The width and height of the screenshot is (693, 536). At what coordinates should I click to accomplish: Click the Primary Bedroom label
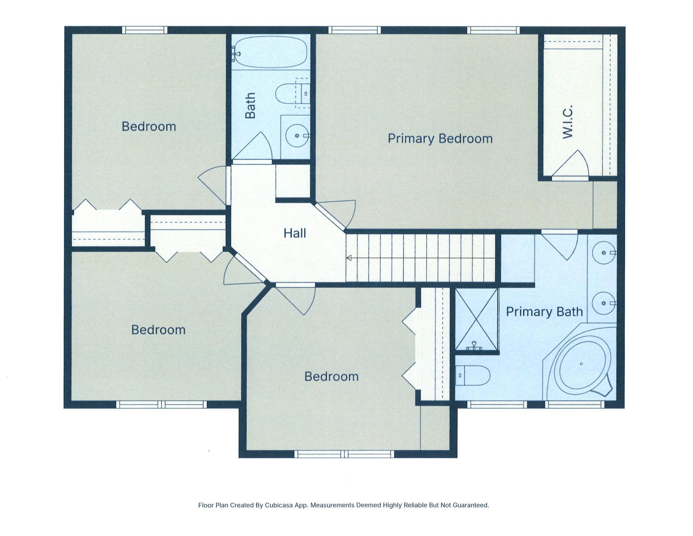440,138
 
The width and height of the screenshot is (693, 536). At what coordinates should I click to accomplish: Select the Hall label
295,233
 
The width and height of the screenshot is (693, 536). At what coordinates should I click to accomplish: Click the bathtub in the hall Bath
270,52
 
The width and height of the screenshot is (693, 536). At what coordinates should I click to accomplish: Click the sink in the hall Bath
297,136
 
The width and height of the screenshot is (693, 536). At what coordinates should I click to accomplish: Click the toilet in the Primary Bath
472,375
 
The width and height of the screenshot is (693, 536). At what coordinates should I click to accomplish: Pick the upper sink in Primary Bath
603,253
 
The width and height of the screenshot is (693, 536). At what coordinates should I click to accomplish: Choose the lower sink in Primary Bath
603,303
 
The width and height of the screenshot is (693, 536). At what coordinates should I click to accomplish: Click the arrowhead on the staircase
349,258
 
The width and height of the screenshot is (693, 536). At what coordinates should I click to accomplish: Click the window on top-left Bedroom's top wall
145,30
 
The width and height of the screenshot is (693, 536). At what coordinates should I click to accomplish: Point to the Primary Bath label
544,312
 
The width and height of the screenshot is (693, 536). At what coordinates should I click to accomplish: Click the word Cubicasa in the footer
279,505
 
